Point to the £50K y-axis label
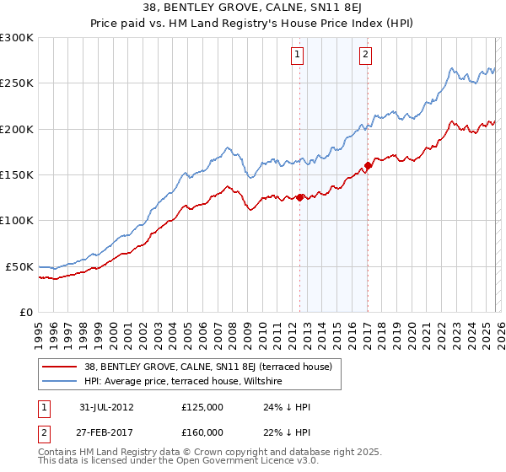[18, 266]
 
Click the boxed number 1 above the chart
[299, 56]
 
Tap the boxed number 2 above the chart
[366, 56]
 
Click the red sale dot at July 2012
[299, 198]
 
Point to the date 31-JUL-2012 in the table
[106, 407]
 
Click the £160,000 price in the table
[202, 432]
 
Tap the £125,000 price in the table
[202, 407]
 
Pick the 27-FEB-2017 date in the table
[106, 432]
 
